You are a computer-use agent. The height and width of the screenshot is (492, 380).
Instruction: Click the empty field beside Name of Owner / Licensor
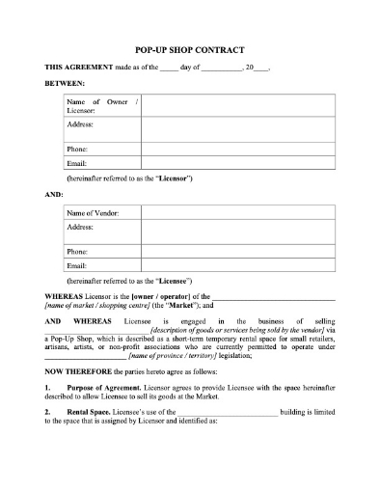tap(238, 106)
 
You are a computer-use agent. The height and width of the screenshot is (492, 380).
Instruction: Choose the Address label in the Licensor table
tap(80, 125)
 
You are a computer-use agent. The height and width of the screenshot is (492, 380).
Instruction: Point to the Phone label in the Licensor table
tap(77, 150)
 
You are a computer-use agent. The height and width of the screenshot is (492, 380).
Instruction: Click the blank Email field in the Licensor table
tap(238, 164)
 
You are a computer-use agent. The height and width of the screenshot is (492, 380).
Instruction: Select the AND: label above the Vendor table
tap(54, 194)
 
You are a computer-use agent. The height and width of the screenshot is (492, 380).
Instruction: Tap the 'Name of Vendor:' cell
tap(94, 212)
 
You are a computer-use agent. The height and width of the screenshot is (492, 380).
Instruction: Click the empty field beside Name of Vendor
tap(238, 212)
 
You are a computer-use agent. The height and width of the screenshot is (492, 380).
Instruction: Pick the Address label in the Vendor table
tap(80, 228)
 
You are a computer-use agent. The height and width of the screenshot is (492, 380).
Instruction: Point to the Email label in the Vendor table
tap(77, 265)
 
